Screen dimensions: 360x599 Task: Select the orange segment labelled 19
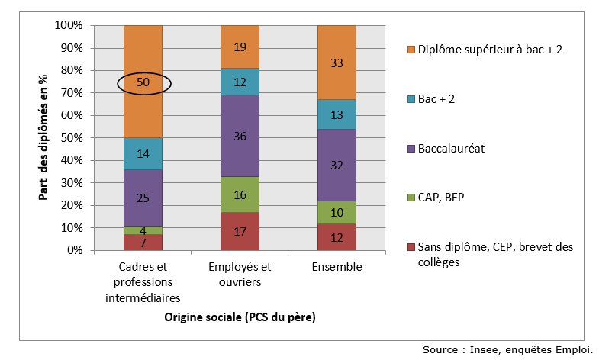coord(240,47)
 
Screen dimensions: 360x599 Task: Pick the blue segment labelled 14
coord(143,153)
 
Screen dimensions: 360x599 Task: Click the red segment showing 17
coord(240,231)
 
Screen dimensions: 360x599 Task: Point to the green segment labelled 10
coord(337,214)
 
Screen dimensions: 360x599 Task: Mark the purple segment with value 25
coord(143,198)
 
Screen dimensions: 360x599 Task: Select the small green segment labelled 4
coord(143,230)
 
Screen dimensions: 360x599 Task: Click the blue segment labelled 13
coord(337,114)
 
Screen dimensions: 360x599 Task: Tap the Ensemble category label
coord(337,267)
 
